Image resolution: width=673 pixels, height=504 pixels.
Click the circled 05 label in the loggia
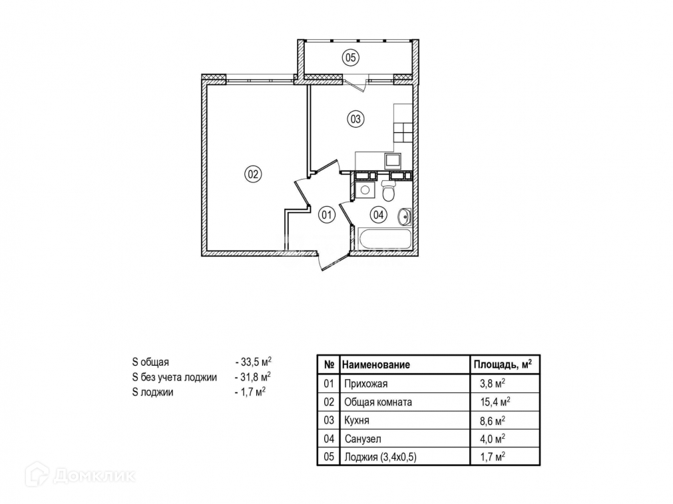(x=351, y=57)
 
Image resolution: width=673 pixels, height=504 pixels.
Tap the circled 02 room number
(x=253, y=175)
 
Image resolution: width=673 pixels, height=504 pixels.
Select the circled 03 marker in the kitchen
(x=355, y=120)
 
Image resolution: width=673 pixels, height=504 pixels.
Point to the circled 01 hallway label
(x=326, y=215)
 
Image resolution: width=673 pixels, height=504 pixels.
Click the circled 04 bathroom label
(x=378, y=215)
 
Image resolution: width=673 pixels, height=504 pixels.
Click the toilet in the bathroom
(x=389, y=191)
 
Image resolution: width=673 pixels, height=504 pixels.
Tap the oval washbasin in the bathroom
(x=404, y=216)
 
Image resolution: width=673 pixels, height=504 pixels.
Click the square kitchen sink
(x=393, y=160)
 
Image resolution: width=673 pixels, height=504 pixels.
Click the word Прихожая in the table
(x=365, y=384)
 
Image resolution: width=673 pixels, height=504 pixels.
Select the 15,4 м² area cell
(x=495, y=402)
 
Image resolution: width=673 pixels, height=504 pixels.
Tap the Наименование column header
(x=376, y=364)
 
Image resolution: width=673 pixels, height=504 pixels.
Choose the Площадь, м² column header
(x=502, y=364)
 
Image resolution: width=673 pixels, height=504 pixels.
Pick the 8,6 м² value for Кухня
(x=493, y=420)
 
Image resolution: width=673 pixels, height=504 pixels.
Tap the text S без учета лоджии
(x=174, y=377)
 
